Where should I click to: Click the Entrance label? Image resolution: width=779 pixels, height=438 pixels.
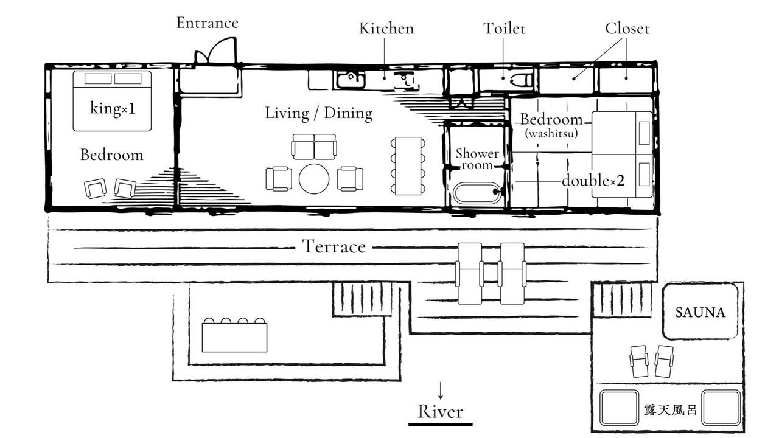click(x=207, y=23)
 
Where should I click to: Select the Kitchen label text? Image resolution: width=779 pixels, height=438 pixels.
click(x=386, y=29)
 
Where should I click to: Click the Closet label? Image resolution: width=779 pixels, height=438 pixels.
click(x=627, y=29)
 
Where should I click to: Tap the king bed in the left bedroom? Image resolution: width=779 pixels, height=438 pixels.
click(x=112, y=100)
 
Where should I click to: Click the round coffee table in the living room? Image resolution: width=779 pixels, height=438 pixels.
click(x=314, y=178)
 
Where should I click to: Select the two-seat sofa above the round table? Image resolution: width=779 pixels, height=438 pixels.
click(x=313, y=147)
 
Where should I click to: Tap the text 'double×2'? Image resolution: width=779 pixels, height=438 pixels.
click(x=593, y=181)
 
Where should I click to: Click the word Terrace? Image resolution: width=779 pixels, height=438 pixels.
click(x=334, y=246)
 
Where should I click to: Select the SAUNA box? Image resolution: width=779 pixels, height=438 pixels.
click(x=700, y=311)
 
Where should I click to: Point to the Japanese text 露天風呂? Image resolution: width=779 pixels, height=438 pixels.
click(x=670, y=410)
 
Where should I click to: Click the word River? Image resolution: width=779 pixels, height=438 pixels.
click(x=440, y=411)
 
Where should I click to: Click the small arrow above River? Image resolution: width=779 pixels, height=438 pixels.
click(x=440, y=390)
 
